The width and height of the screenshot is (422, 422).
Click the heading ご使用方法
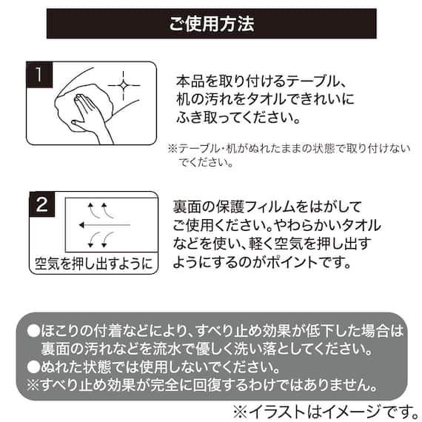click(x=211, y=24)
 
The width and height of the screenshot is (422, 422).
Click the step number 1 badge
click(x=38, y=75)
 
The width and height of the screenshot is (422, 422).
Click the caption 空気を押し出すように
click(x=93, y=263)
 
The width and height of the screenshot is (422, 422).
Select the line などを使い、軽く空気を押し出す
click(x=271, y=243)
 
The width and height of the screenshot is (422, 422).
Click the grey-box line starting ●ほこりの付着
click(x=215, y=331)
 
